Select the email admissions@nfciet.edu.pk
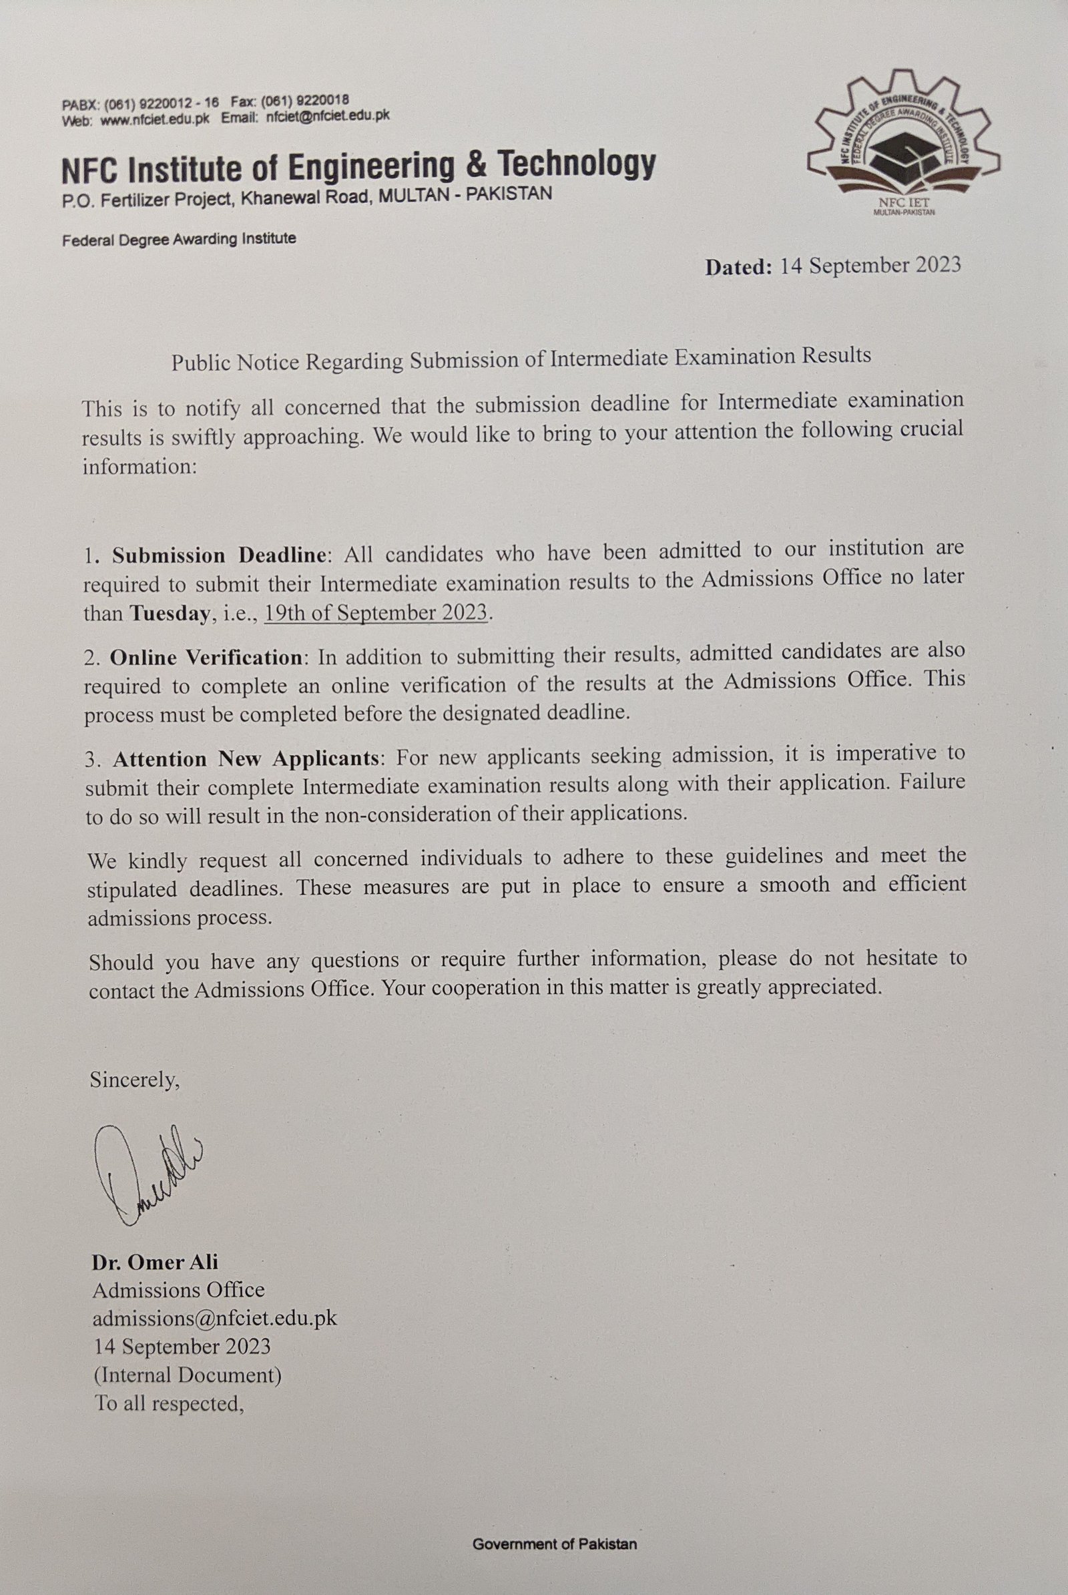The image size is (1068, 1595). (214, 1317)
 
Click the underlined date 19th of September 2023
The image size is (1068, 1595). (376, 612)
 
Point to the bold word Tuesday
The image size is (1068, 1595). (169, 613)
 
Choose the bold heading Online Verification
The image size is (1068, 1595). (206, 658)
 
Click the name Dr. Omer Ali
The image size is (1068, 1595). (156, 1262)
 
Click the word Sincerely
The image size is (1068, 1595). (135, 1080)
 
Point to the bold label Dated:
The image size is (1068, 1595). (738, 266)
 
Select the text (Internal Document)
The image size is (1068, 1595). (188, 1375)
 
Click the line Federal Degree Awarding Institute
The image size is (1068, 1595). (179, 239)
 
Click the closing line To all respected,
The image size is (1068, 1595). (170, 1403)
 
